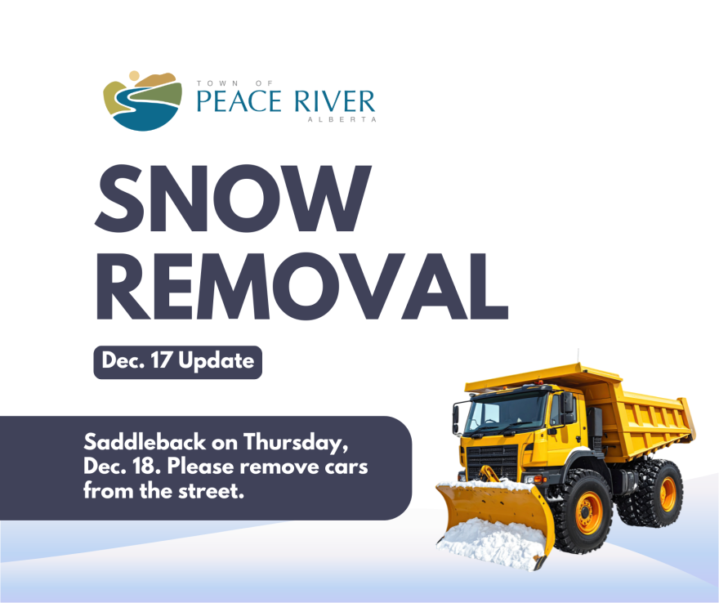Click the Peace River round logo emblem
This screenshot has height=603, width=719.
coord(143,101)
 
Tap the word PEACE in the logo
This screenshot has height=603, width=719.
coord(239,101)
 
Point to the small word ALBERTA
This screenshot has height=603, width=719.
coord(342,119)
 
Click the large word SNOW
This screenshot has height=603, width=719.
coord(233,198)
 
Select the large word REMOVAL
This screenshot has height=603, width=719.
coord(302,286)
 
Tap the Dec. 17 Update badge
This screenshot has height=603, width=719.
coord(178,362)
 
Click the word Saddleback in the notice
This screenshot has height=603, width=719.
coord(145,442)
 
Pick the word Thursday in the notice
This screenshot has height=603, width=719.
coord(293,443)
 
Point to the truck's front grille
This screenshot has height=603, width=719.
coord(492,461)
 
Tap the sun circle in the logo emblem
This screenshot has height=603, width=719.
coord(134,76)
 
